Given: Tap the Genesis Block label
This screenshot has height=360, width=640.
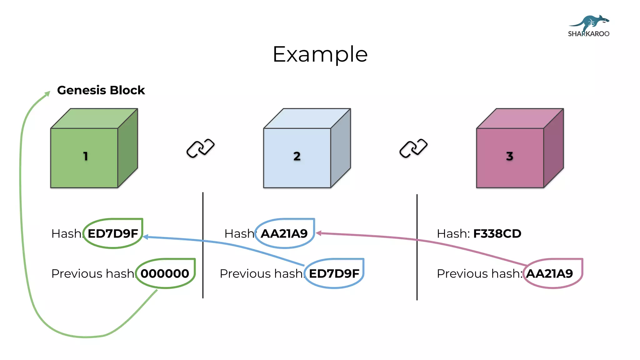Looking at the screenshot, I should [x=101, y=90].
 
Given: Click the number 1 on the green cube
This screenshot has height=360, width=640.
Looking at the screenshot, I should [x=85, y=156].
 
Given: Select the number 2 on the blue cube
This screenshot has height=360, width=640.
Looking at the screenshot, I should [x=297, y=156].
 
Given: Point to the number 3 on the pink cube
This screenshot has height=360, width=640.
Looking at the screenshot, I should [x=510, y=156].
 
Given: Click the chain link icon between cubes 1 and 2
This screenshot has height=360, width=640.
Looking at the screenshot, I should [x=200, y=148].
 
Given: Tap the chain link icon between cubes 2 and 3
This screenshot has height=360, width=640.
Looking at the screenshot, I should [x=413, y=148].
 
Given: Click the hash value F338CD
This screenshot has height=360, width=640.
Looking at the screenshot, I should [x=497, y=234].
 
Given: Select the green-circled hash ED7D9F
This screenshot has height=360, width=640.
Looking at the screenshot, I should [x=113, y=234].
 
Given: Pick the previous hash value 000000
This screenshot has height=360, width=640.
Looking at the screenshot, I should [x=165, y=274].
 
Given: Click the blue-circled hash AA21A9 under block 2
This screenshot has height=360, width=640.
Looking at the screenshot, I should [x=284, y=234].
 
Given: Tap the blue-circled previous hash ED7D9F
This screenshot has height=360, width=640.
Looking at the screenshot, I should [x=334, y=274].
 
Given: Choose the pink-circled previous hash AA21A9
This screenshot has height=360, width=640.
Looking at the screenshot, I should [x=549, y=274].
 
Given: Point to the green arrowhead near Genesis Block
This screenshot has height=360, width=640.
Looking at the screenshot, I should [x=48, y=93].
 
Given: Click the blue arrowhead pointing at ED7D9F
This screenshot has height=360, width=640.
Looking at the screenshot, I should [x=146, y=237].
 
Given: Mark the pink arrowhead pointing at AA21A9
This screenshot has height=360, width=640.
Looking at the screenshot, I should [x=318, y=233].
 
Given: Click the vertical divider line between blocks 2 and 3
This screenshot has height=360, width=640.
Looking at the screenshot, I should [x=417, y=247].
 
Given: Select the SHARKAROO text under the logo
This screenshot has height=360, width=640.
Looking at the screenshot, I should [x=588, y=34].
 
